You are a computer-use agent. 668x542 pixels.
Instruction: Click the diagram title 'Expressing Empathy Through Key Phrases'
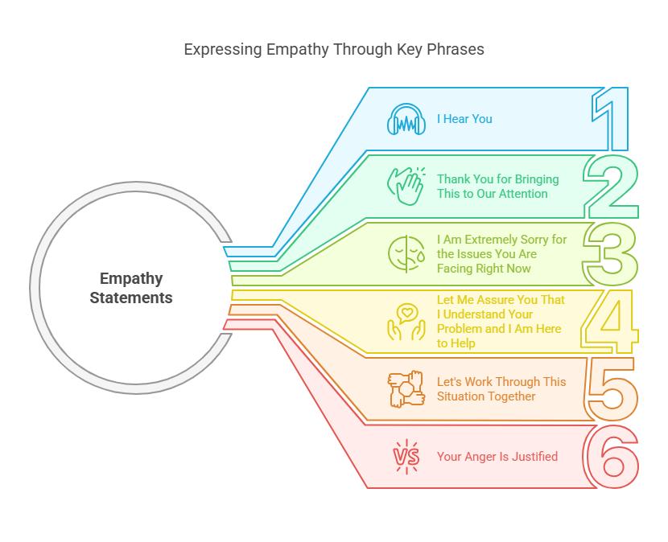(x=334, y=49)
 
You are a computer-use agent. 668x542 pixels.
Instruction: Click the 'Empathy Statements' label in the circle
(x=131, y=288)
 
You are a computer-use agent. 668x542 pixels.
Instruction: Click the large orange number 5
(x=612, y=389)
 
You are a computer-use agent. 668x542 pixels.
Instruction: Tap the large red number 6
(x=612, y=457)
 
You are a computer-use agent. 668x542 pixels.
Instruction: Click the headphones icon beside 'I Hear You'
(x=406, y=119)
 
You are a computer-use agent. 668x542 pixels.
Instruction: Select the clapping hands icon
(x=406, y=186)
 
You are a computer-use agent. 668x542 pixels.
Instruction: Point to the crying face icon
(x=406, y=253)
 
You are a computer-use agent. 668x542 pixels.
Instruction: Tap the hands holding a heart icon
(x=406, y=321)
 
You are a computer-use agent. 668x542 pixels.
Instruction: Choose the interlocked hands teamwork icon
(x=406, y=389)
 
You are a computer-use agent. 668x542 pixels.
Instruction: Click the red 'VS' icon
(x=406, y=457)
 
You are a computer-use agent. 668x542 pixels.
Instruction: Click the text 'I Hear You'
(x=464, y=119)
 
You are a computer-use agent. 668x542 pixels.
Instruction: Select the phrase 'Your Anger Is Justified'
(x=497, y=457)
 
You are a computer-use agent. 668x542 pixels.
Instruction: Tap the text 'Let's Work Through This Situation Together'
(x=501, y=389)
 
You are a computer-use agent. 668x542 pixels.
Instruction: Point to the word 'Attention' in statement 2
(x=522, y=194)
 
